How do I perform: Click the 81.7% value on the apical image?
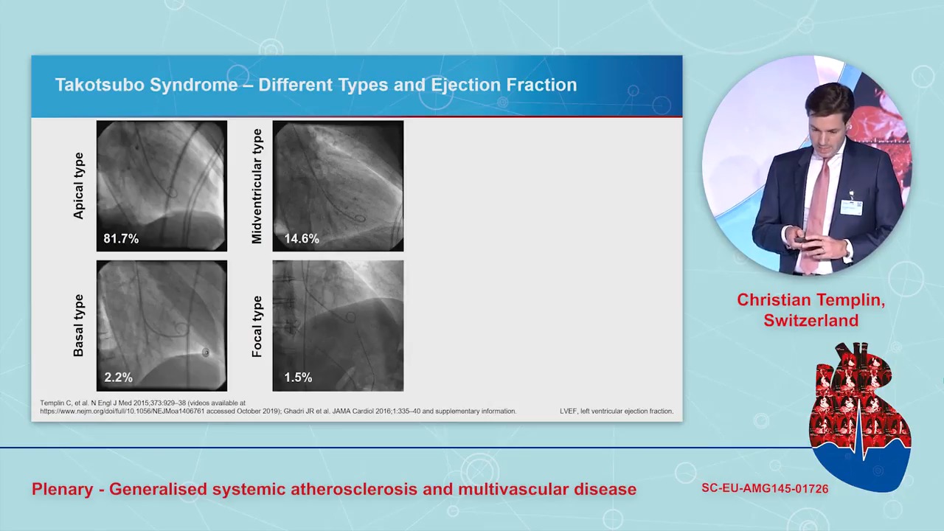click(121, 238)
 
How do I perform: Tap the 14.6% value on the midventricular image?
click(302, 238)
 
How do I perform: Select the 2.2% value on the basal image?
click(118, 377)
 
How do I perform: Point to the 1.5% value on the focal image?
click(298, 377)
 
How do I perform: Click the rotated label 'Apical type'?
click(79, 186)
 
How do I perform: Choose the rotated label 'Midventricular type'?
click(257, 186)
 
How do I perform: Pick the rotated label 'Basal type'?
click(78, 325)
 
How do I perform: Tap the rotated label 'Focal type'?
click(257, 326)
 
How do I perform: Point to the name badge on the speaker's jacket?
click(851, 207)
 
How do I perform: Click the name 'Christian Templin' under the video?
click(811, 300)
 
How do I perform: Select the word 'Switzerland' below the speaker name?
click(811, 320)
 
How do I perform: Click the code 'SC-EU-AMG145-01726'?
click(765, 488)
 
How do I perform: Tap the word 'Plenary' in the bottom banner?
click(63, 489)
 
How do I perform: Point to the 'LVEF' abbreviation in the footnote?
click(568, 411)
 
